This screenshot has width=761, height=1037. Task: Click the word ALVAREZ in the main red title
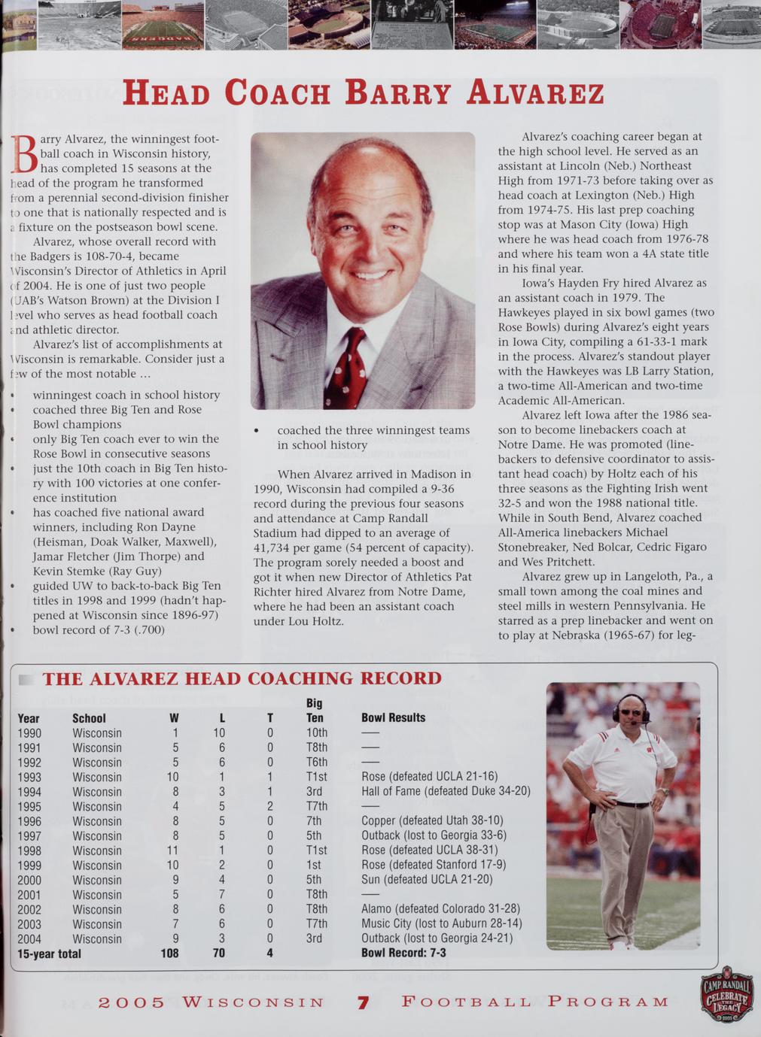coord(535,93)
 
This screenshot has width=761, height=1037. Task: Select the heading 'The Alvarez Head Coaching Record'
coord(242,678)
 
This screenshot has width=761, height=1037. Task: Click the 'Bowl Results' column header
coord(393,717)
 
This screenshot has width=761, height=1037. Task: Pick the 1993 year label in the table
coord(29,777)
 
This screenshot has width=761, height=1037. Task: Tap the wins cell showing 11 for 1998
coord(173,851)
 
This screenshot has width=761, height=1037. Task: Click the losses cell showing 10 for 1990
coord(219,732)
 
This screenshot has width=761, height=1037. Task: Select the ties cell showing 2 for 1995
coord(269,806)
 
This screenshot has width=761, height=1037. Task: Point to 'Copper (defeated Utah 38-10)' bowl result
coord(432,820)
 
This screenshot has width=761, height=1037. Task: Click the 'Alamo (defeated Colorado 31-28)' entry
coord(440,908)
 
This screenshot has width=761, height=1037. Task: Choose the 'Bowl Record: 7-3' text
coord(403,953)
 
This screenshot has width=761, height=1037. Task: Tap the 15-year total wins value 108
coord(169,953)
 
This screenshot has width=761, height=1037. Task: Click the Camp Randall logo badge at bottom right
coord(726,993)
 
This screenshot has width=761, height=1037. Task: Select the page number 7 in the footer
coord(363,1002)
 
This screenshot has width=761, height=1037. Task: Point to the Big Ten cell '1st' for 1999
coord(314,865)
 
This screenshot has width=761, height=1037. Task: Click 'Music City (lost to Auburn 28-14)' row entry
coord(441,923)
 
